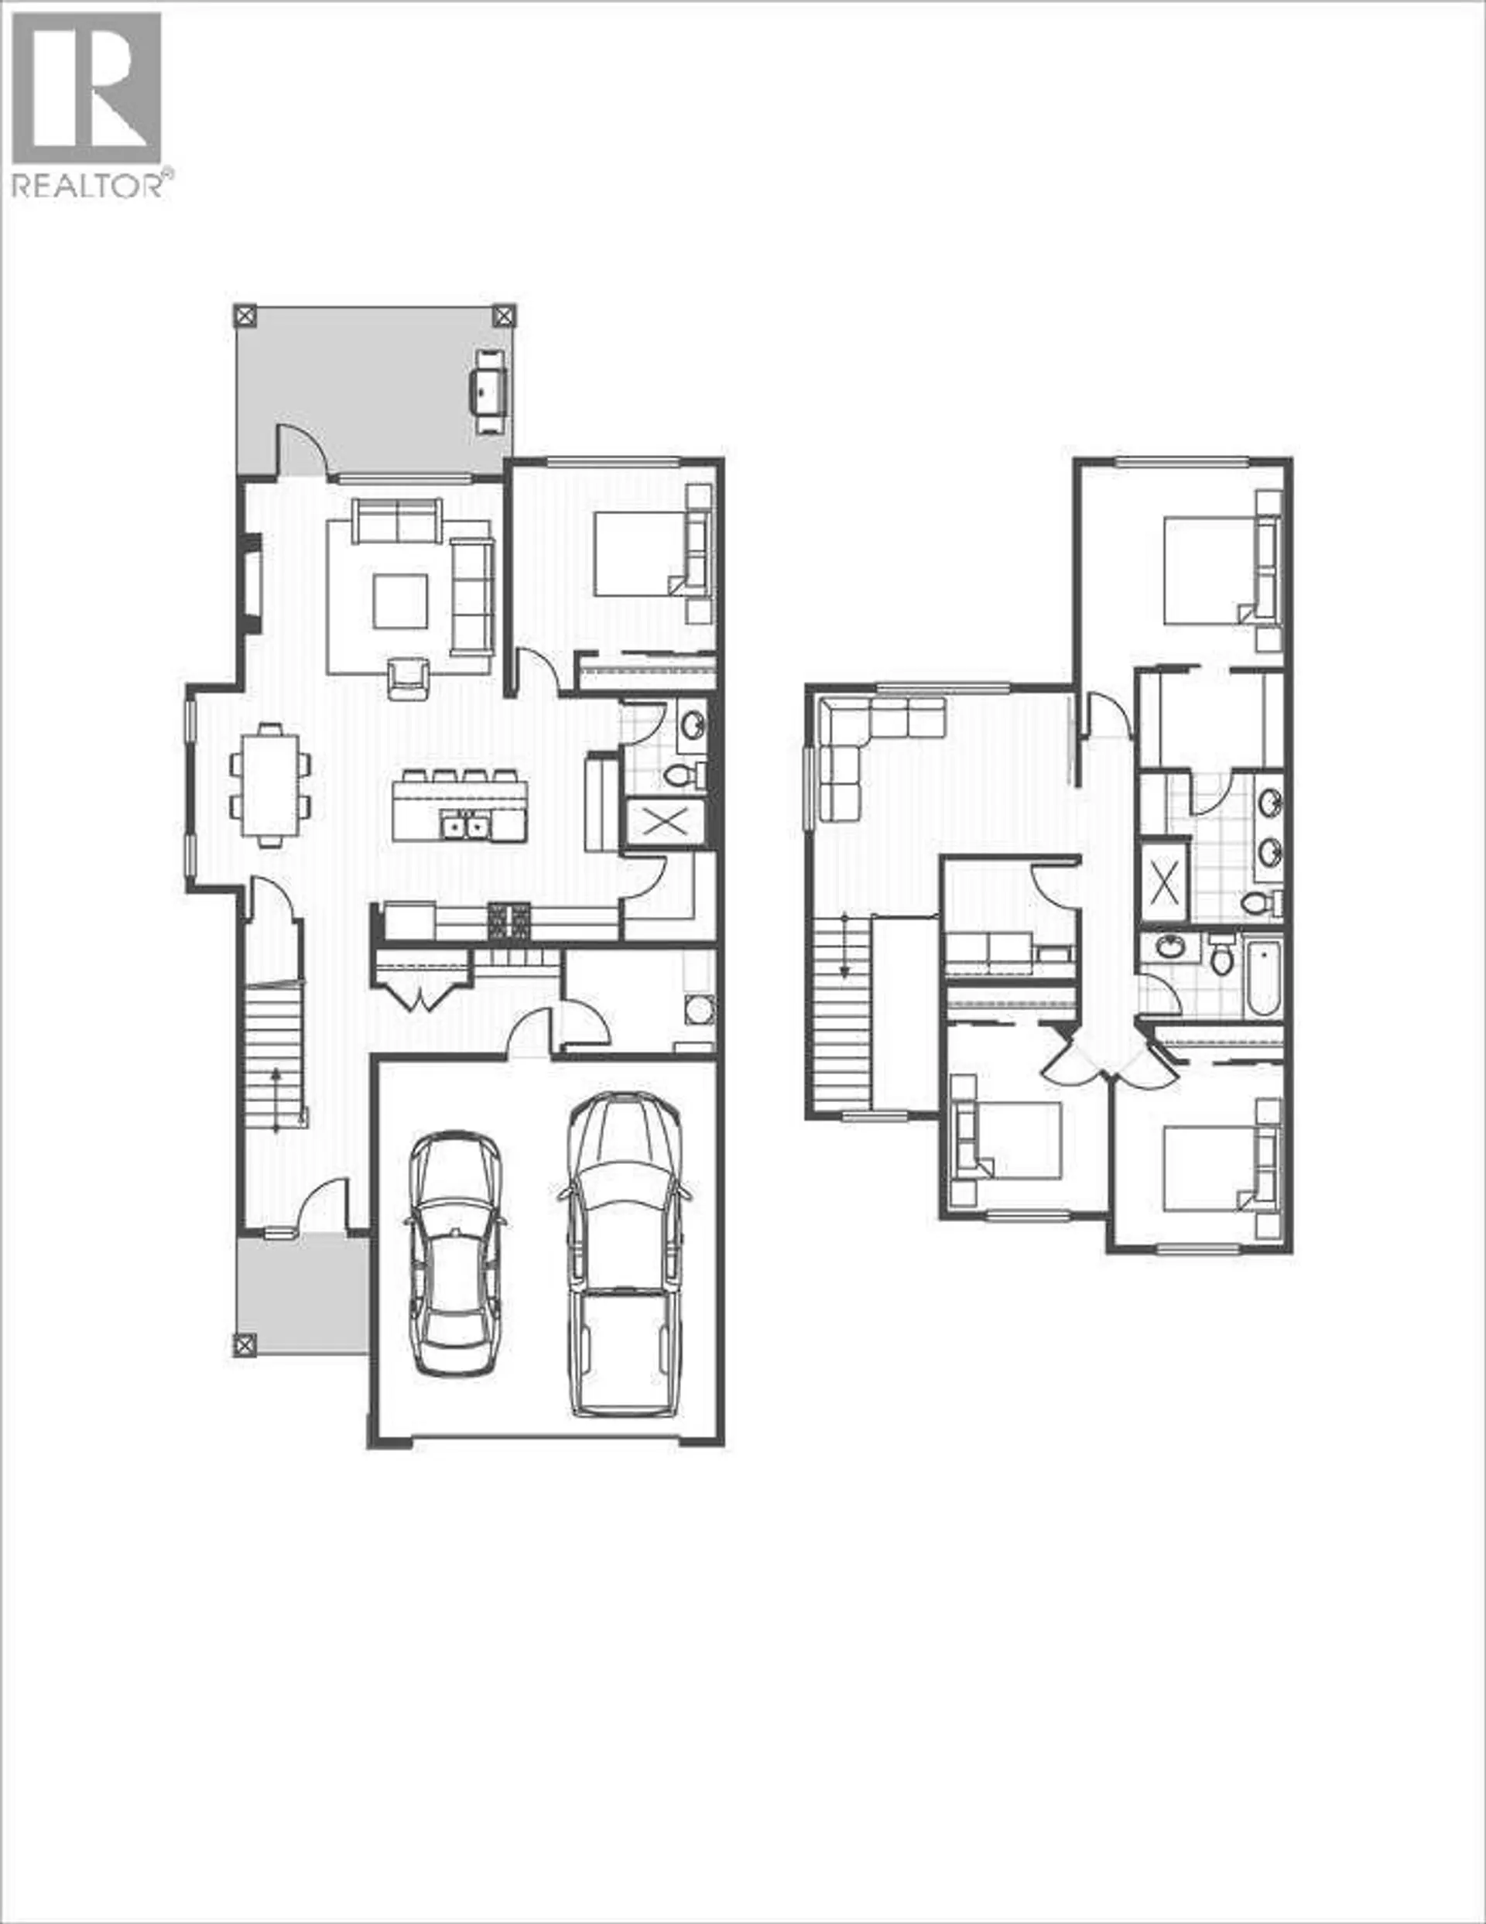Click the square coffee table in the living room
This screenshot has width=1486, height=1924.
pyautogui.click(x=400, y=601)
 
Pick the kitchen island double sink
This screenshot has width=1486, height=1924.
pyautogui.click(x=465, y=826)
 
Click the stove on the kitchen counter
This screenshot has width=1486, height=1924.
pyautogui.click(x=510, y=922)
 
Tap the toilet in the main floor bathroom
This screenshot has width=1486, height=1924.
pyautogui.click(x=680, y=775)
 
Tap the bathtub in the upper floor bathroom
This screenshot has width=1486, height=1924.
pyautogui.click(x=1262, y=974)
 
